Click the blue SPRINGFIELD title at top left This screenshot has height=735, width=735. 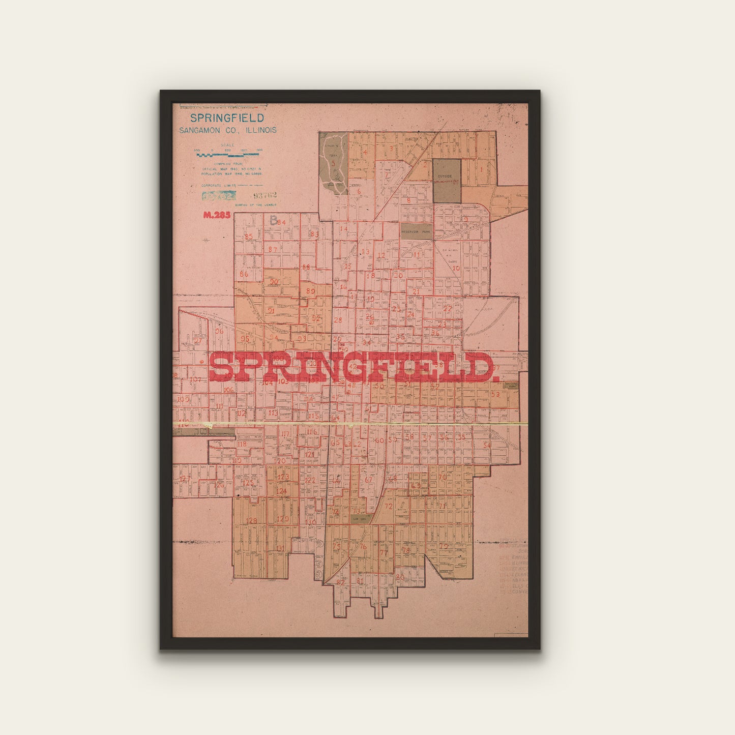click(x=227, y=118)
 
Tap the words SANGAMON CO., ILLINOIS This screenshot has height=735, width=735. click(x=227, y=130)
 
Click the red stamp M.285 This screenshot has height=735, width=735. click(x=217, y=215)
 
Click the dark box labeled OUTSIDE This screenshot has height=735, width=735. click(x=447, y=181)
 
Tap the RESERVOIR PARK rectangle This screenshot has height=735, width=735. click(x=416, y=231)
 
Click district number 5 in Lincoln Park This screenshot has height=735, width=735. click(x=334, y=163)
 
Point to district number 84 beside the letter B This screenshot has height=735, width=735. click(x=281, y=222)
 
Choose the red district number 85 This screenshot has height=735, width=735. click(x=248, y=237)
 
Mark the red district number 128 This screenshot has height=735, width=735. click(x=251, y=521)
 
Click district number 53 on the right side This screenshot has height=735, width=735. click(x=495, y=394)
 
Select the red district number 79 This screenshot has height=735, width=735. click(x=445, y=546)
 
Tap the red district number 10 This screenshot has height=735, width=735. click(x=456, y=268)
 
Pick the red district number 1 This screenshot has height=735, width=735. click(x=481, y=169)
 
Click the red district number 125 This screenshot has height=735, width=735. click(x=248, y=482)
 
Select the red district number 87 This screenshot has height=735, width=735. click(x=273, y=249)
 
